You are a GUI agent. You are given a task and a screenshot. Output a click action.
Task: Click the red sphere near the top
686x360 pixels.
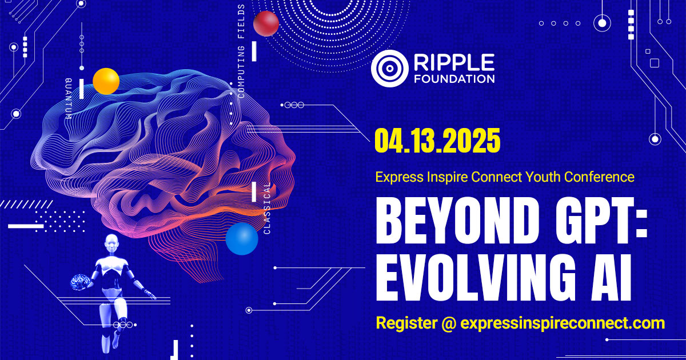(x=266, y=23)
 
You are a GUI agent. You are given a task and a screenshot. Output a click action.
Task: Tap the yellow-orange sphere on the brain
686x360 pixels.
(x=106, y=81)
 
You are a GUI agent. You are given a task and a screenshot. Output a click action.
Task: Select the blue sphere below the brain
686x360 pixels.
(x=242, y=239)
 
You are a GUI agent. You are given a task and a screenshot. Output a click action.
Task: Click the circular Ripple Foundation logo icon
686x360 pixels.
(x=389, y=69)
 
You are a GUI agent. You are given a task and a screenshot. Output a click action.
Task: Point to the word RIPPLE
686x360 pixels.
(x=454, y=62)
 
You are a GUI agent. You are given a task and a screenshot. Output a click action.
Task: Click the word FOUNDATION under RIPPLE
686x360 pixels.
(x=454, y=79)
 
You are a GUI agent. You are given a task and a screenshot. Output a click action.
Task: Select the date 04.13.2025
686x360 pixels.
(x=438, y=141)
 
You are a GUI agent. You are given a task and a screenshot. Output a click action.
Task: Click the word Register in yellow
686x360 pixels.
(x=406, y=323)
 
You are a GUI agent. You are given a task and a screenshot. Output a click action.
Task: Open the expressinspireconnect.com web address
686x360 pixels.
(x=563, y=323)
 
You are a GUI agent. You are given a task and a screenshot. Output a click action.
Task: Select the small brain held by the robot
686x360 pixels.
(x=80, y=282)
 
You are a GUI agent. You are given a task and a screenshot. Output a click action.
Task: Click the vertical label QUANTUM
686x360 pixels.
(x=69, y=98)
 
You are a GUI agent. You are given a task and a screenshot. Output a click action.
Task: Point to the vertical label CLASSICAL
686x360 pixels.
(x=267, y=209)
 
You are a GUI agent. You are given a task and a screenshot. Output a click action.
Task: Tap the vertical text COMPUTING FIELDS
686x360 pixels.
(x=241, y=51)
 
